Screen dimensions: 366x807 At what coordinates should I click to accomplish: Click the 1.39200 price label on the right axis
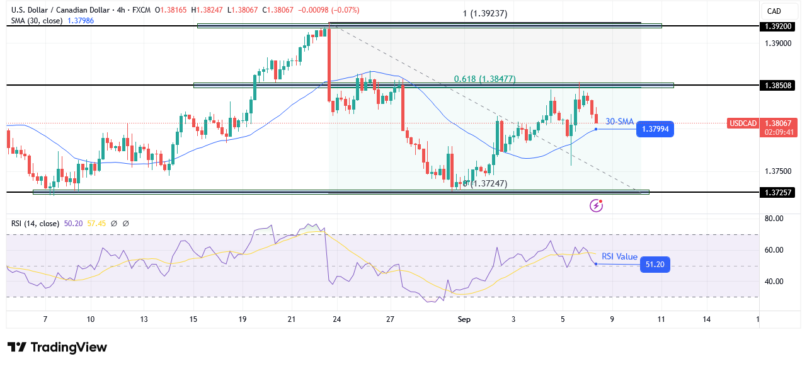pyautogui.click(x=778, y=26)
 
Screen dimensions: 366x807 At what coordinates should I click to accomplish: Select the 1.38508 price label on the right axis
pyautogui.click(x=778, y=85)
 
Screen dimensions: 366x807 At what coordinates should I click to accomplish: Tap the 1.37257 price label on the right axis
pyautogui.click(x=778, y=192)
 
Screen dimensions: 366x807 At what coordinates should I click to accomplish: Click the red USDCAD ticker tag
pyautogui.click(x=743, y=123)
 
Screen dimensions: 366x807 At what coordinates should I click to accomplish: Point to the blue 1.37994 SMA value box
pyautogui.click(x=655, y=129)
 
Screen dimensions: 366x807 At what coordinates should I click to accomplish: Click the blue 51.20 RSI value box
pyautogui.click(x=655, y=265)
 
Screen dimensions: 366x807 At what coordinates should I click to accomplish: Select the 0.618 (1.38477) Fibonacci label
pyautogui.click(x=484, y=79)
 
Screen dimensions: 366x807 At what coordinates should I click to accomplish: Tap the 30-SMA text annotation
pyautogui.click(x=619, y=122)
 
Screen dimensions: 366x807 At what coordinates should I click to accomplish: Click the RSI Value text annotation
pyautogui.click(x=619, y=256)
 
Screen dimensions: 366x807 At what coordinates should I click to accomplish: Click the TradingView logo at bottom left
pyautogui.click(x=57, y=347)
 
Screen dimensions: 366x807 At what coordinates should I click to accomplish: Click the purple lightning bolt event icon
pyautogui.click(x=596, y=205)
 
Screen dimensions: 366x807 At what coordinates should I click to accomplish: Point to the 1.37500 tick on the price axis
pyautogui.click(x=777, y=171)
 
